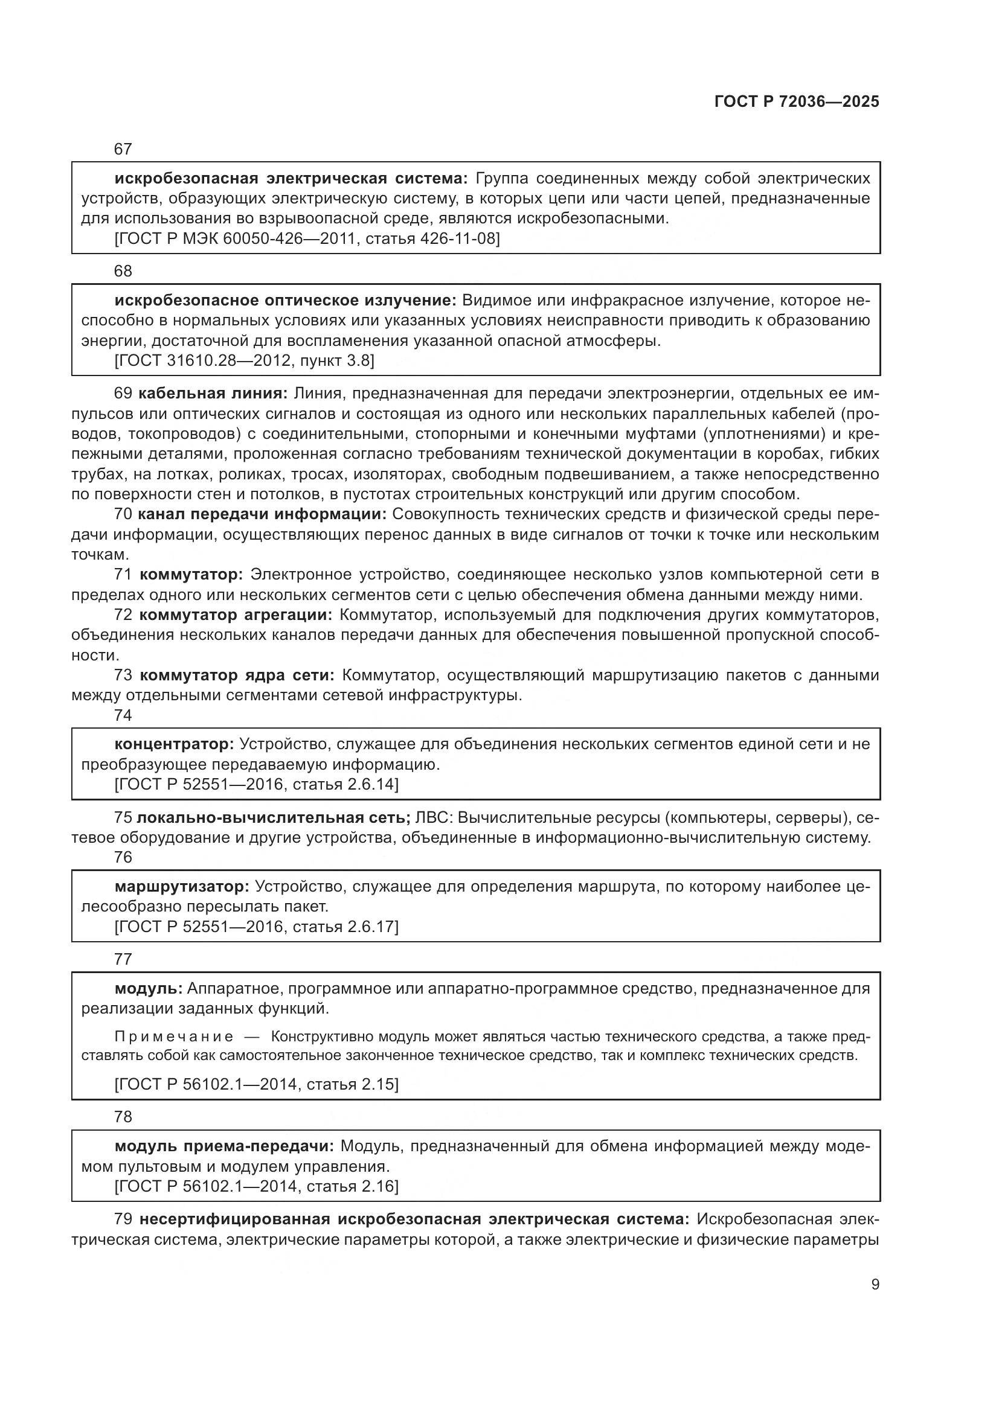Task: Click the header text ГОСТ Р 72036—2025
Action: (x=797, y=102)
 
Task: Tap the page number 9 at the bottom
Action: (x=875, y=1285)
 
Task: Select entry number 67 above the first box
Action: (x=123, y=149)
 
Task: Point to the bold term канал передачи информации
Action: (x=262, y=514)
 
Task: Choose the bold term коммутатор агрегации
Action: (x=236, y=615)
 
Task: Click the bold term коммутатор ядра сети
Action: (x=237, y=676)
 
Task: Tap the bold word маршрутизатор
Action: (x=181, y=887)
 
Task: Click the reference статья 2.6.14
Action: (x=345, y=785)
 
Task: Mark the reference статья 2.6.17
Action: (x=345, y=927)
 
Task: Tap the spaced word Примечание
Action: (x=174, y=1037)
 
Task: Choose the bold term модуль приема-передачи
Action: (x=224, y=1146)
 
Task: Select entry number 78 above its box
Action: (x=123, y=1117)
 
